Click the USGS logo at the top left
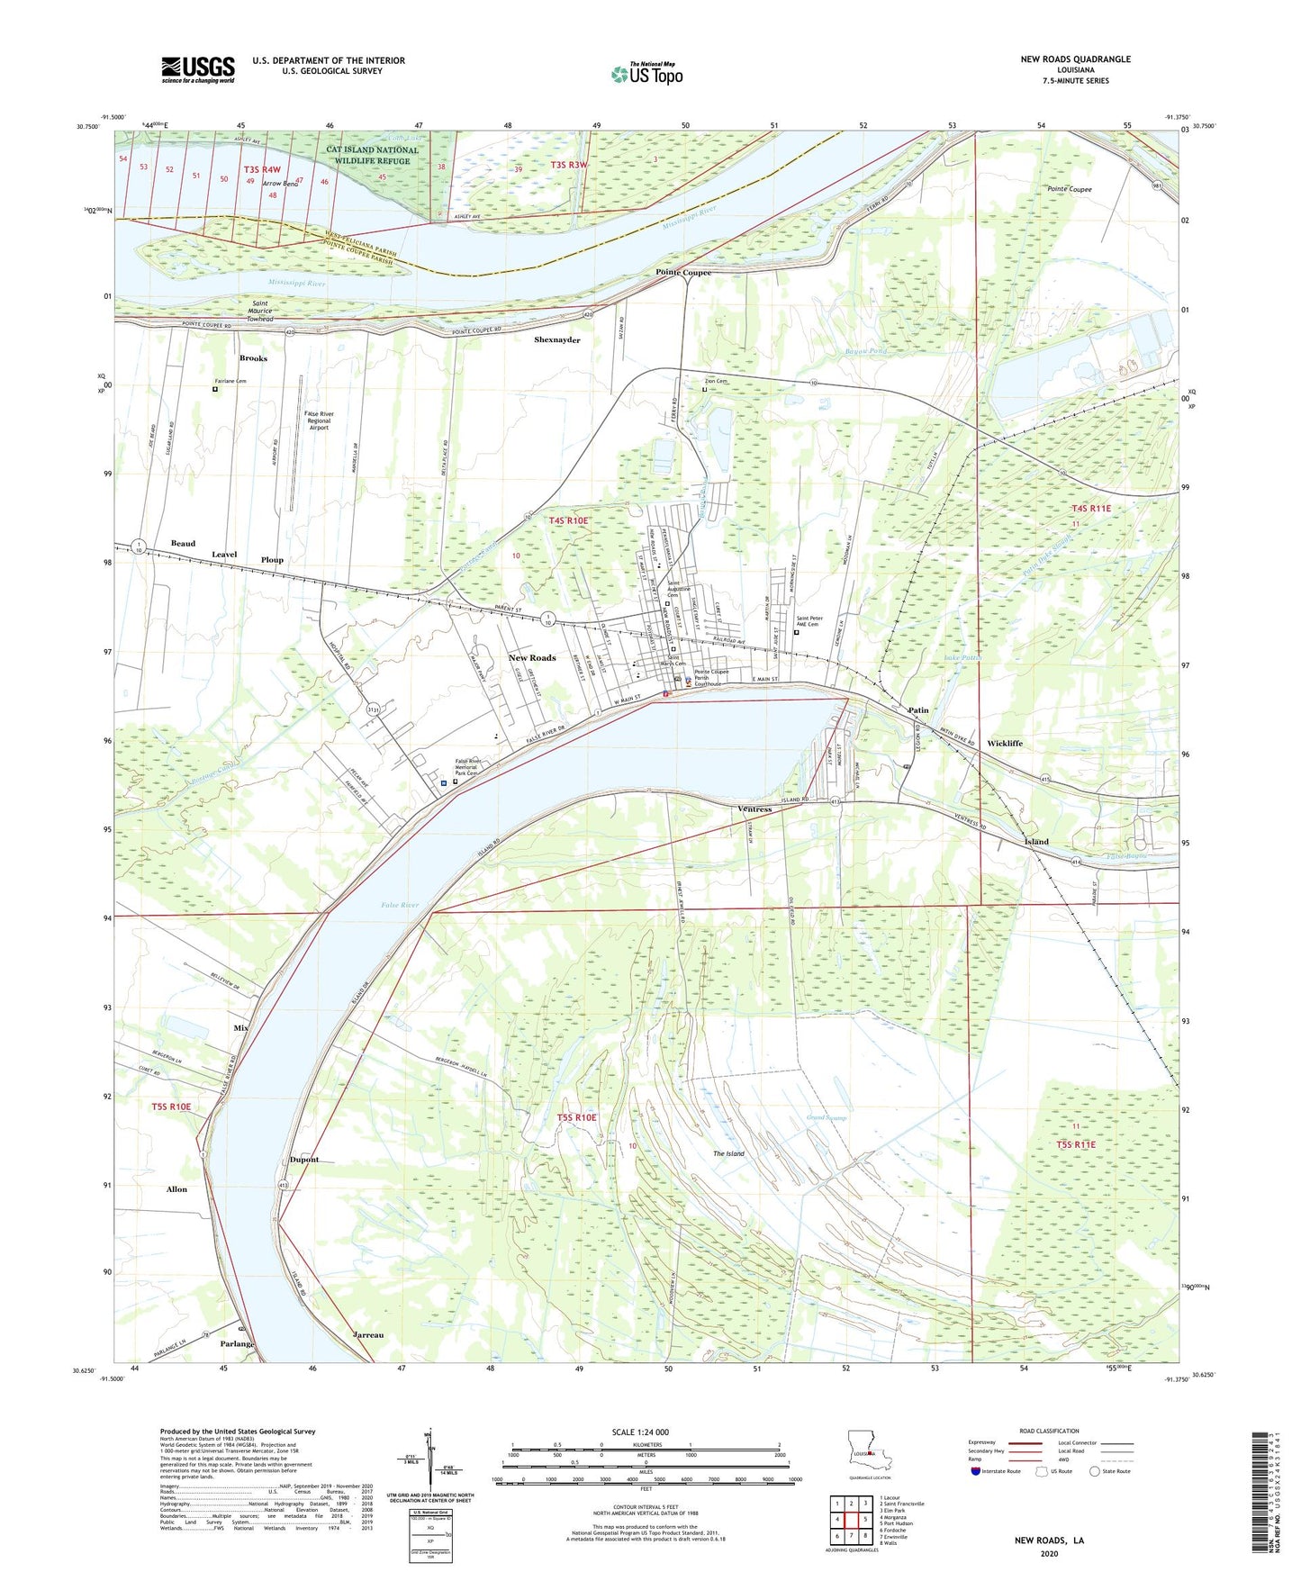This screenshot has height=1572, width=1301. (198, 68)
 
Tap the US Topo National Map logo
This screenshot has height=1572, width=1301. (646, 74)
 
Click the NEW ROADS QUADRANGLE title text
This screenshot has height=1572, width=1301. (1075, 59)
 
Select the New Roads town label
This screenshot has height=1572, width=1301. (531, 658)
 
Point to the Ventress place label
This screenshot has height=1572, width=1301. (754, 809)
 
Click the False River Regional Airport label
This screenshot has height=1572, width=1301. (319, 420)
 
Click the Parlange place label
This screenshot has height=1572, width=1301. (238, 1344)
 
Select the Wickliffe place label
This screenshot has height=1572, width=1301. (1004, 744)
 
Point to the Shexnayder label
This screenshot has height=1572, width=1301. (556, 340)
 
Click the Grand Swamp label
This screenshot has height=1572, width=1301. (827, 1118)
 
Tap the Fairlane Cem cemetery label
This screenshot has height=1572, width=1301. (230, 382)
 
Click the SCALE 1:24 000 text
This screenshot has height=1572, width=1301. (639, 1432)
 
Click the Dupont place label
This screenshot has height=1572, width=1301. (304, 1160)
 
